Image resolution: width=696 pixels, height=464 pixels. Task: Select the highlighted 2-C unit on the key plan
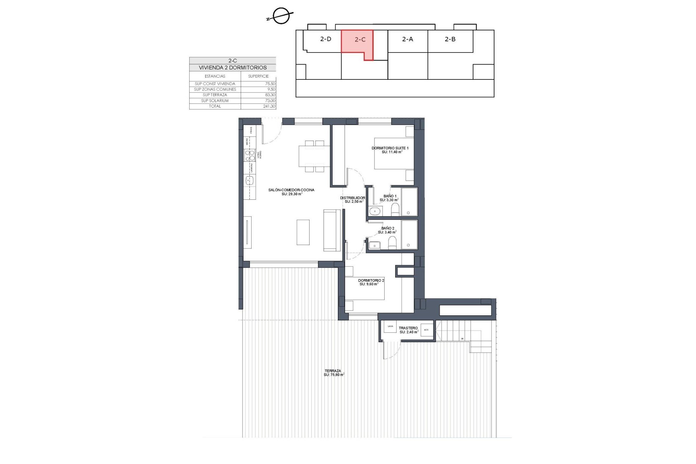pyautogui.click(x=357, y=42)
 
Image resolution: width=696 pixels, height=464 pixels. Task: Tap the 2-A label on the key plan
pyautogui.click(x=407, y=39)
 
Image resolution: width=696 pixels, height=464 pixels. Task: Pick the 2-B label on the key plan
pyautogui.click(x=450, y=39)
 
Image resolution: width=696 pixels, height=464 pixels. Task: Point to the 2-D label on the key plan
pyautogui.click(x=326, y=39)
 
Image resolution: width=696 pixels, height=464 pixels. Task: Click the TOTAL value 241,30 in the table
pyautogui.click(x=269, y=106)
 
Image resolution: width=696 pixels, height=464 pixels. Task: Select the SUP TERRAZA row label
pyautogui.click(x=215, y=95)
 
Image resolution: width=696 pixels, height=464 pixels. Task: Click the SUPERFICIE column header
pyautogui.click(x=258, y=76)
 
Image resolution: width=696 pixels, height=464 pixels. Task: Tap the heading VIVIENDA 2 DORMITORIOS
pyautogui.click(x=232, y=68)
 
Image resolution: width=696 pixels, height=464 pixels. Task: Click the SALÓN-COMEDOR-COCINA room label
pyautogui.click(x=291, y=190)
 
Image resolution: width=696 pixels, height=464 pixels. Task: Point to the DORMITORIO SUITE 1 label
pyautogui.click(x=390, y=148)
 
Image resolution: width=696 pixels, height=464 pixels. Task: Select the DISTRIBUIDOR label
pyautogui.click(x=352, y=198)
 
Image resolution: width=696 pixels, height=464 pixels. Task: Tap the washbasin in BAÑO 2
pyautogui.click(x=374, y=245)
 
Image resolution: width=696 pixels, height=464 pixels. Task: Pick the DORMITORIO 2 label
pyautogui.click(x=371, y=281)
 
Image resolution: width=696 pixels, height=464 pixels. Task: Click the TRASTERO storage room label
pyautogui.click(x=408, y=328)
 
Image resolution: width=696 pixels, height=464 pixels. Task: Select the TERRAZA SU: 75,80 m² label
pyautogui.click(x=333, y=371)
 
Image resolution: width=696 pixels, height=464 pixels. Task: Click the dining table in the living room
pyautogui.click(x=314, y=156)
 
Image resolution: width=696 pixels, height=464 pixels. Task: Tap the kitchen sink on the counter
pyautogui.click(x=249, y=180)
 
